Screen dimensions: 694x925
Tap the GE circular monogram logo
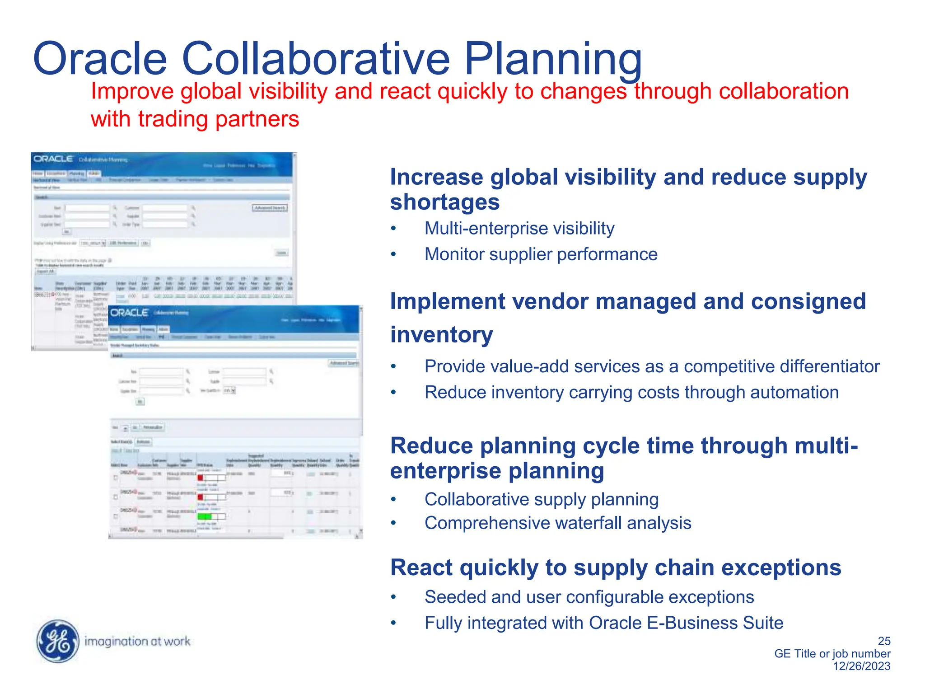(x=57, y=641)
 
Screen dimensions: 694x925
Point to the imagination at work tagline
(x=137, y=641)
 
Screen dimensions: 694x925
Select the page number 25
(x=884, y=641)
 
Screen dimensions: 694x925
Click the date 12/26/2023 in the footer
(x=861, y=666)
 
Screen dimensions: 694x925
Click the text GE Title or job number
(x=832, y=653)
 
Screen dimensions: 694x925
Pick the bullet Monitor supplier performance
(x=541, y=254)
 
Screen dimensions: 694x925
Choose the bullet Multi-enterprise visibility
(x=519, y=229)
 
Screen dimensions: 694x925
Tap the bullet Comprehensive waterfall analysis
(x=557, y=523)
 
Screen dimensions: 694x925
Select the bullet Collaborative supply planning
(x=541, y=500)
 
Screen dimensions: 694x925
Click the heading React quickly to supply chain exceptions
(x=615, y=567)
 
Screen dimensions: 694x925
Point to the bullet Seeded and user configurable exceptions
(x=589, y=597)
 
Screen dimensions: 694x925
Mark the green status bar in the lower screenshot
(x=204, y=516)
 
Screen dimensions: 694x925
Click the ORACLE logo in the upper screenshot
(x=53, y=159)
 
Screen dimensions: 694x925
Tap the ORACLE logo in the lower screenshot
(x=129, y=313)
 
